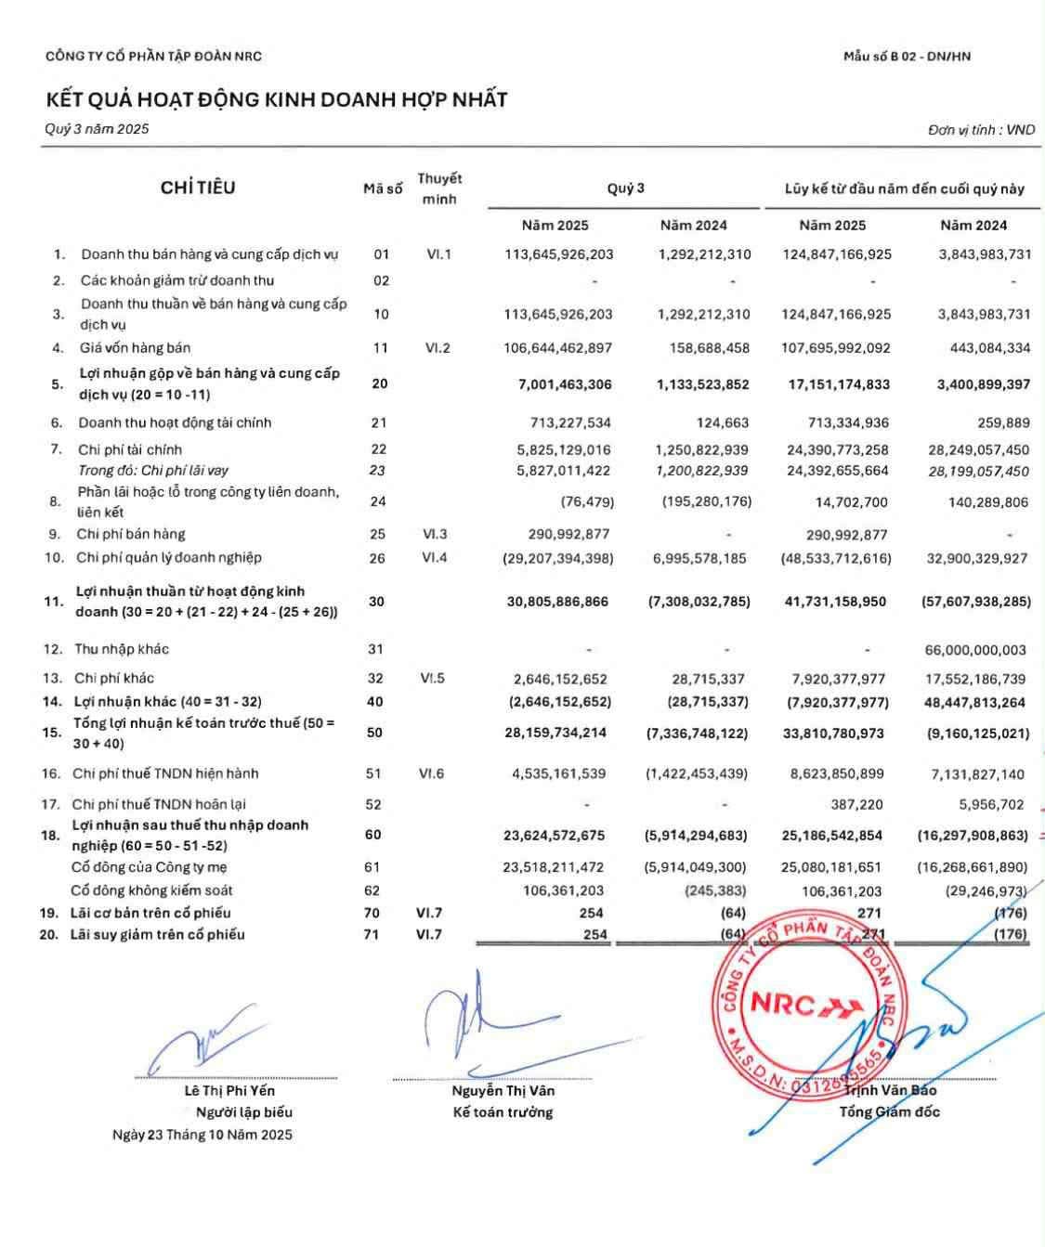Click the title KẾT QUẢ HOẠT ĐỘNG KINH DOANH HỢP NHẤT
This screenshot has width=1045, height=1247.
[x=276, y=99]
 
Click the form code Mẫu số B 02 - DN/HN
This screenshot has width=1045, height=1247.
[x=907, y=56]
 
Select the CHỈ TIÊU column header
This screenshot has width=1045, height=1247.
[x=198, y=188]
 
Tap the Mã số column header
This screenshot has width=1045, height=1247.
[x=383, y=188]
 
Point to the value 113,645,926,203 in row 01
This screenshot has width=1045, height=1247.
[x=559, y=254]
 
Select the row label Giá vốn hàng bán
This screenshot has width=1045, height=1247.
[x=134, y=348]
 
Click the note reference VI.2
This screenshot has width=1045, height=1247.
[x=438, y=348]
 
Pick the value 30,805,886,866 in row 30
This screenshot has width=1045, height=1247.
[x=557, y=602]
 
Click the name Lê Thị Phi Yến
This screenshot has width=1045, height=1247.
[x=229, y=1091]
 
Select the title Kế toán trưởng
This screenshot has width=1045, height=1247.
[x=503, y=1112]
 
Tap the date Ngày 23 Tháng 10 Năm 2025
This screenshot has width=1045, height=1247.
[x=202, y=1135]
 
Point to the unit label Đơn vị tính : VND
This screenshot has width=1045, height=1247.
[x=981, y=130]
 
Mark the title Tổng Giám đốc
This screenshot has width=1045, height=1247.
[x=889, y=1111]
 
